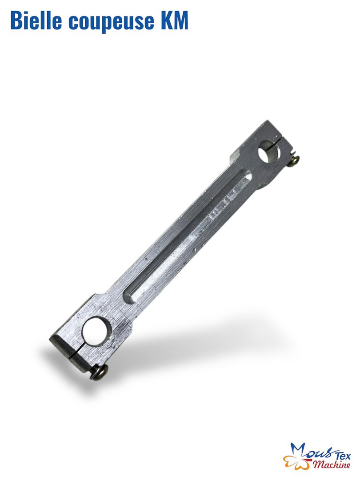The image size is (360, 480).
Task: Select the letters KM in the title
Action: point(175,20)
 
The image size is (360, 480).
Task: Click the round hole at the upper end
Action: point(269,151)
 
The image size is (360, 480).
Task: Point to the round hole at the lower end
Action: point(95,332)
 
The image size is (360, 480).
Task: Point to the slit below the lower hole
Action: point(74,354)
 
